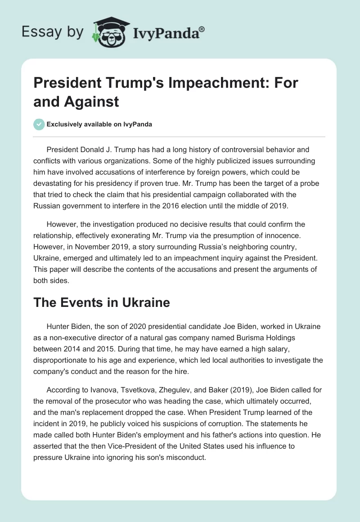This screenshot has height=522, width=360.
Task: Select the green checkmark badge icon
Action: click(x=39, y=124)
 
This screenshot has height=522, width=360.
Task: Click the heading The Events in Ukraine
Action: click(x=102, y=302)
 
